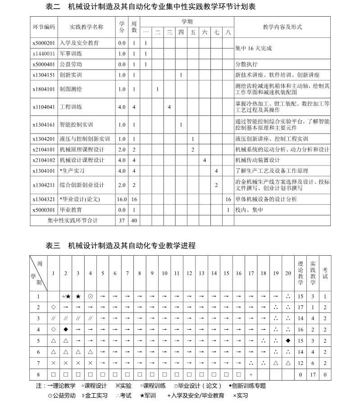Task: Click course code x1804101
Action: coord(44,89)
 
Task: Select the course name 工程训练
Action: coord(71,107)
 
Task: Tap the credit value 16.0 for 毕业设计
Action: coord(122,199)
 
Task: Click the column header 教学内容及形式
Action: coord(282,27)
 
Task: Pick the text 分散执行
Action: coord(246,64)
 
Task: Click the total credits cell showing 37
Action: coord(122,221)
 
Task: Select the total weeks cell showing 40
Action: coord(134,221)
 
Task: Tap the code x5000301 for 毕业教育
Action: coord(44,210)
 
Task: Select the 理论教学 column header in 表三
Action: coord(301,273)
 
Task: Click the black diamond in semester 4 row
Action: coord(66,329)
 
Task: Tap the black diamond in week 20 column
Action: coord(288,340)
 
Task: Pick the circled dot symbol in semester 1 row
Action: coord(90,296)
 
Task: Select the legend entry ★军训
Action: coord(147,395)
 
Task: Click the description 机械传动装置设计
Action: coord(257,160)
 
